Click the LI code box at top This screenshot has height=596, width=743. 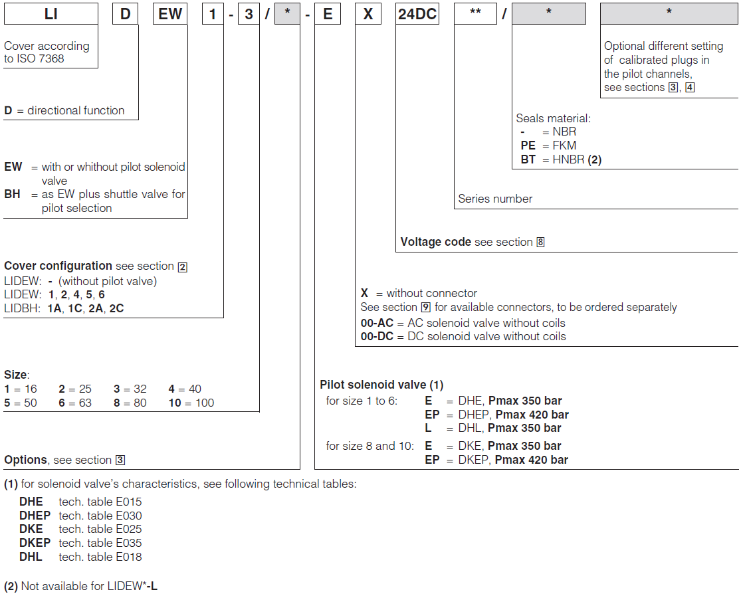[x=51, y=14]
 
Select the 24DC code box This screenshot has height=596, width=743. [x=417, y=14]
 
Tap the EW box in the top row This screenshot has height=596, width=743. [x=170, y=14]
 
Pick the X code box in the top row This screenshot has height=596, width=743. [x=368, y=14]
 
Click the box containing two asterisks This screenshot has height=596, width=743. [x=475, y=14]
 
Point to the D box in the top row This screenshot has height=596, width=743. [x=125, y=14]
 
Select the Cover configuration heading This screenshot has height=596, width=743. [x=58, y=266]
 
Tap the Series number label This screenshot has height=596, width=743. [x=495, y=199]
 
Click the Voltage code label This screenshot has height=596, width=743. [x=435, y=242]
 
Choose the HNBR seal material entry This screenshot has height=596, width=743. [x=561, y=159]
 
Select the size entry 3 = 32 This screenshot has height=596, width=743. [x=130, y=389]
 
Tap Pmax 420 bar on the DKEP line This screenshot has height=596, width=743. [x=531, y=460]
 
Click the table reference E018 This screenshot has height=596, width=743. [x=128, y=557]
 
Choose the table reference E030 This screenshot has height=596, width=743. [x=128, y=516]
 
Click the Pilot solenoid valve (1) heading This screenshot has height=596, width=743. [x=381, y=385]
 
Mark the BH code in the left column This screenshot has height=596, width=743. [x=13, y=194]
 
